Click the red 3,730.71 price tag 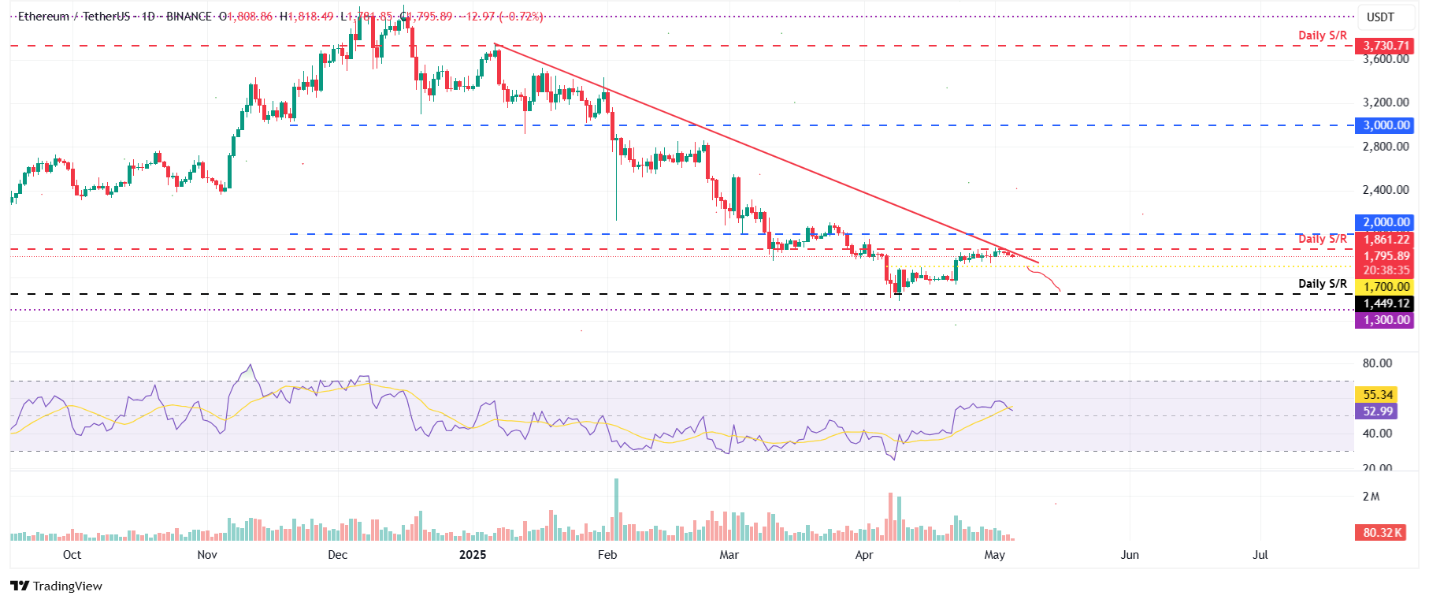pyautogui.click(x=1386, y=46)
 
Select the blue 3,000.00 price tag pyautogui.click(x=1386, y=125)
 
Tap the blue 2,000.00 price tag pyautogui.click(x=1386, y=222)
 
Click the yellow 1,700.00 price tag pyautogui.click(x=1386, y=287)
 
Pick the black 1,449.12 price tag pyautogui.click(x=1386, y=303)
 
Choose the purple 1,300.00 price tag pyautogui.click(x=1386, y=320)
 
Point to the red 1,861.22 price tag pyautogui.click(x=1386, y=240)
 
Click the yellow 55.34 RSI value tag pyautogui.click(x=1378, y=394)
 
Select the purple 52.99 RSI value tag pyautogui.click(x=1378, y=411)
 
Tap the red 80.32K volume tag pyautogui.click(x=1382, y=532)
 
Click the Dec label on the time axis pyautogui.click(x=337, y=554)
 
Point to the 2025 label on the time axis pyautogui.click(x=473, y=554)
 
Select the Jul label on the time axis pyautogui.click(x=1260, y=554)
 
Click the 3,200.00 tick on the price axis pyautogui.click(x=1386, y=102)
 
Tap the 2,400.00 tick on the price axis pyautogui.click(x=1386, y=190)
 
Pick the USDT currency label pyautogui.click(x=1380, y=17)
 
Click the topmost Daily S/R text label pyautogui.click(x=1323, y=35)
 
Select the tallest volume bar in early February pyautogui.click(x=616, y=508)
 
